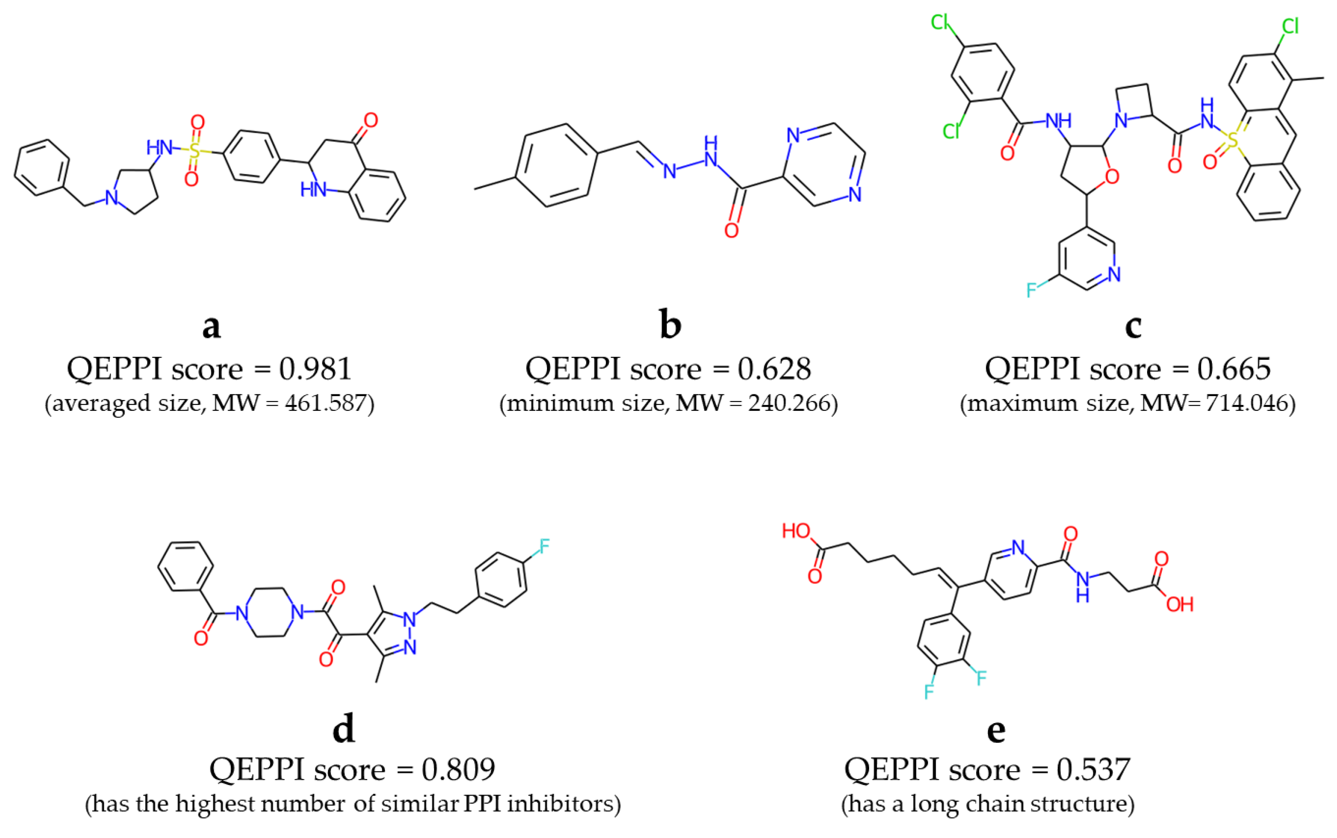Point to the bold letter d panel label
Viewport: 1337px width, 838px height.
point(343,728)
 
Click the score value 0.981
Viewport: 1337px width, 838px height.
point(315,369)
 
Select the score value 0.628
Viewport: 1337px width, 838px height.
point(774,369)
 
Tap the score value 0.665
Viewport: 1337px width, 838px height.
point(1233,369)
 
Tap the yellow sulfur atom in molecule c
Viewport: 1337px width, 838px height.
point(1232,140)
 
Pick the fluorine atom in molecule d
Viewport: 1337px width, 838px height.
point(544,546)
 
